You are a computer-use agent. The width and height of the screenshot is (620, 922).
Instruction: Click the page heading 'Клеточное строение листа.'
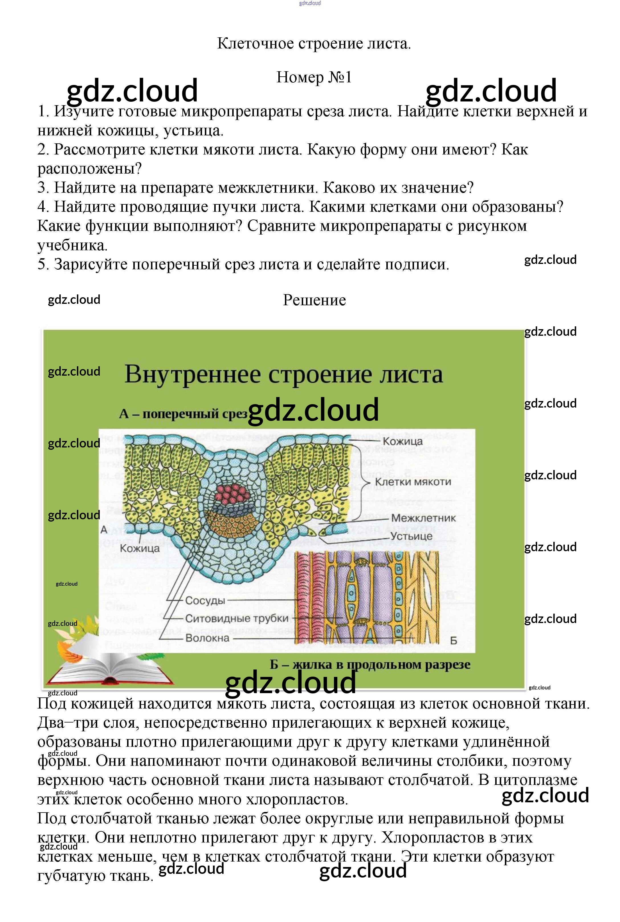pos(314,44)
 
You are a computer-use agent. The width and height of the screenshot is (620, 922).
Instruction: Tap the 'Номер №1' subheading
pos(314,77)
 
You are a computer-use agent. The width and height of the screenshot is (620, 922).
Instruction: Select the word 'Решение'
pos(314,300)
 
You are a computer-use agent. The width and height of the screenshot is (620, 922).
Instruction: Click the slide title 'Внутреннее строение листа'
pos(284,374)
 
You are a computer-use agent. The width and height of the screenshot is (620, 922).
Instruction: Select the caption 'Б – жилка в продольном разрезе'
pos(370,665)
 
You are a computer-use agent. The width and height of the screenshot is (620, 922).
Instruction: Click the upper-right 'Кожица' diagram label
pos(403,441)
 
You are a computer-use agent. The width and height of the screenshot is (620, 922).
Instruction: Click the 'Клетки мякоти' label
pos(413,482)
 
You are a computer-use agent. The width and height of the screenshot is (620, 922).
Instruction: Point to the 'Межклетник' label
pos(423,518)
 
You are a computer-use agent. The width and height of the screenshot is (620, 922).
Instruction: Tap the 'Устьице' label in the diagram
pos(411,536)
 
